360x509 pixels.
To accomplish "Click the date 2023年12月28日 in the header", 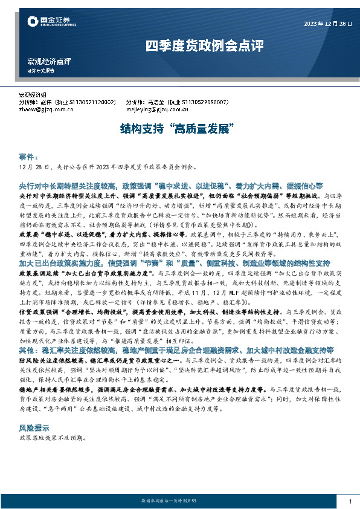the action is [326, 24].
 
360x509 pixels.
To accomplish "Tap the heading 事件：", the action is [29, 156].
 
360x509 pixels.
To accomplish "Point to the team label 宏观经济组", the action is [34, 96].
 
